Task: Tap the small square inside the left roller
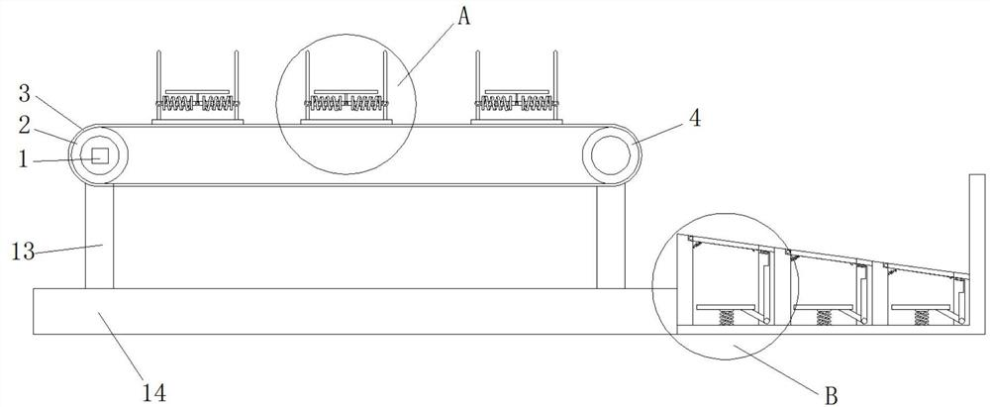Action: [98, 155]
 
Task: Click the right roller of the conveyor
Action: [612, 155]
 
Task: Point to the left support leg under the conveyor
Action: [99, 237]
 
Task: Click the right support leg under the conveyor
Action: [612, 237]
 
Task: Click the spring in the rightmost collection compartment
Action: [922, 318]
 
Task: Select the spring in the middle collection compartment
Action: [824, 318]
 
